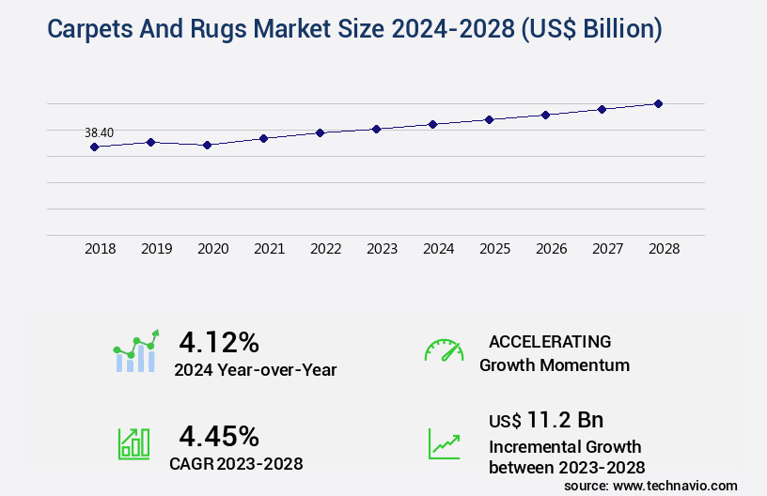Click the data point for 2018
coord(94,147)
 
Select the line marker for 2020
coord(207,145)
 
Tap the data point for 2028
coord(658,103)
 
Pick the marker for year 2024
coord(432,124)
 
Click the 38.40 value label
coord(99,132)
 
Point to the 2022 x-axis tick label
coord(325,249)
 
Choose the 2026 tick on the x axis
coord(551,249)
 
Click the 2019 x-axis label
coord(156,249)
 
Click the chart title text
coord(354,29)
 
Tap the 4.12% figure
coord(219,341)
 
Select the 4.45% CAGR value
coord(219,436)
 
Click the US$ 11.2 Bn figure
coord(546,420)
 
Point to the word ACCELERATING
coord(550,341)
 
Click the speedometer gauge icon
coord(444,350)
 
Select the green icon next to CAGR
coord(133,443)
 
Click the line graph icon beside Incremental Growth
coord(444,443)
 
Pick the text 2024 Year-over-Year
coord(255,370)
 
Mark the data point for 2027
coord(602,109)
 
